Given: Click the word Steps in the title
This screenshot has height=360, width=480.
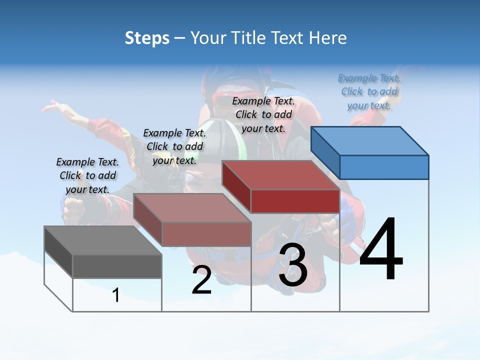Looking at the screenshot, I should (x=147, y=38).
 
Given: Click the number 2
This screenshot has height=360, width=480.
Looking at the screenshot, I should (x=201, y=280).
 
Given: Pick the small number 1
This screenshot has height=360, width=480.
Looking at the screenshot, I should (x=116, y=295).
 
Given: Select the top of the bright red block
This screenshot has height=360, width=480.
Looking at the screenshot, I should (x=280, y=175).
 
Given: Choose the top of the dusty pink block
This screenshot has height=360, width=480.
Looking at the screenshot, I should (x=192, y=207).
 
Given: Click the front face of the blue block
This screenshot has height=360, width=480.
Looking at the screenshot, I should (x=384, y=167).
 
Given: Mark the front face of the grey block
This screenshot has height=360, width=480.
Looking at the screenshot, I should (x=117, y=266).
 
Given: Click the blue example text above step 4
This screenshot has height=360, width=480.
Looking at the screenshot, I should (x=369, y=91).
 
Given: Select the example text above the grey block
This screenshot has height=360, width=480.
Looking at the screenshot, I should (x=87, y=175).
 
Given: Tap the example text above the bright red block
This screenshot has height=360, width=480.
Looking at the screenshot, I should (x=263, y=114).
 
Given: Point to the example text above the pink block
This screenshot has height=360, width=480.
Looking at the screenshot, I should (x=174, y=146).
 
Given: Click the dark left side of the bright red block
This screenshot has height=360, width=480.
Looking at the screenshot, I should (x=236, y=186).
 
